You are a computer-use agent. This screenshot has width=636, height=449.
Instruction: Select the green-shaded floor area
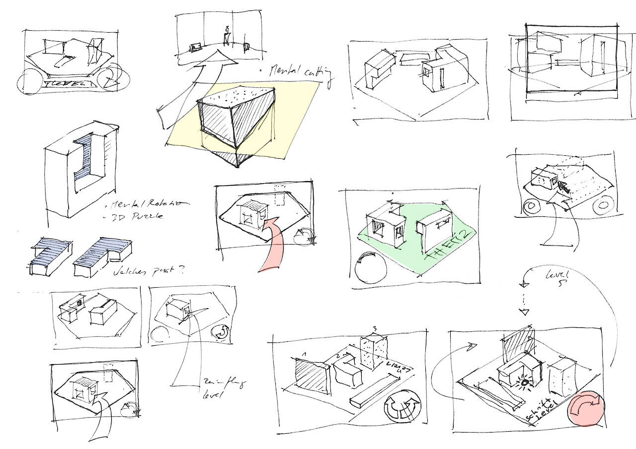coord(437,238)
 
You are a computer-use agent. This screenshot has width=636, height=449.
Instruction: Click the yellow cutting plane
coord(298,119)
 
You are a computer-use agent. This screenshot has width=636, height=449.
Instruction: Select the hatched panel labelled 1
coord(311,375)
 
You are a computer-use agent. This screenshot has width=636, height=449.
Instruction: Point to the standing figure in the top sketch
coord(227,36)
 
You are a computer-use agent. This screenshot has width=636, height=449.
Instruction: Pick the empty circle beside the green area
coord(371,268)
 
